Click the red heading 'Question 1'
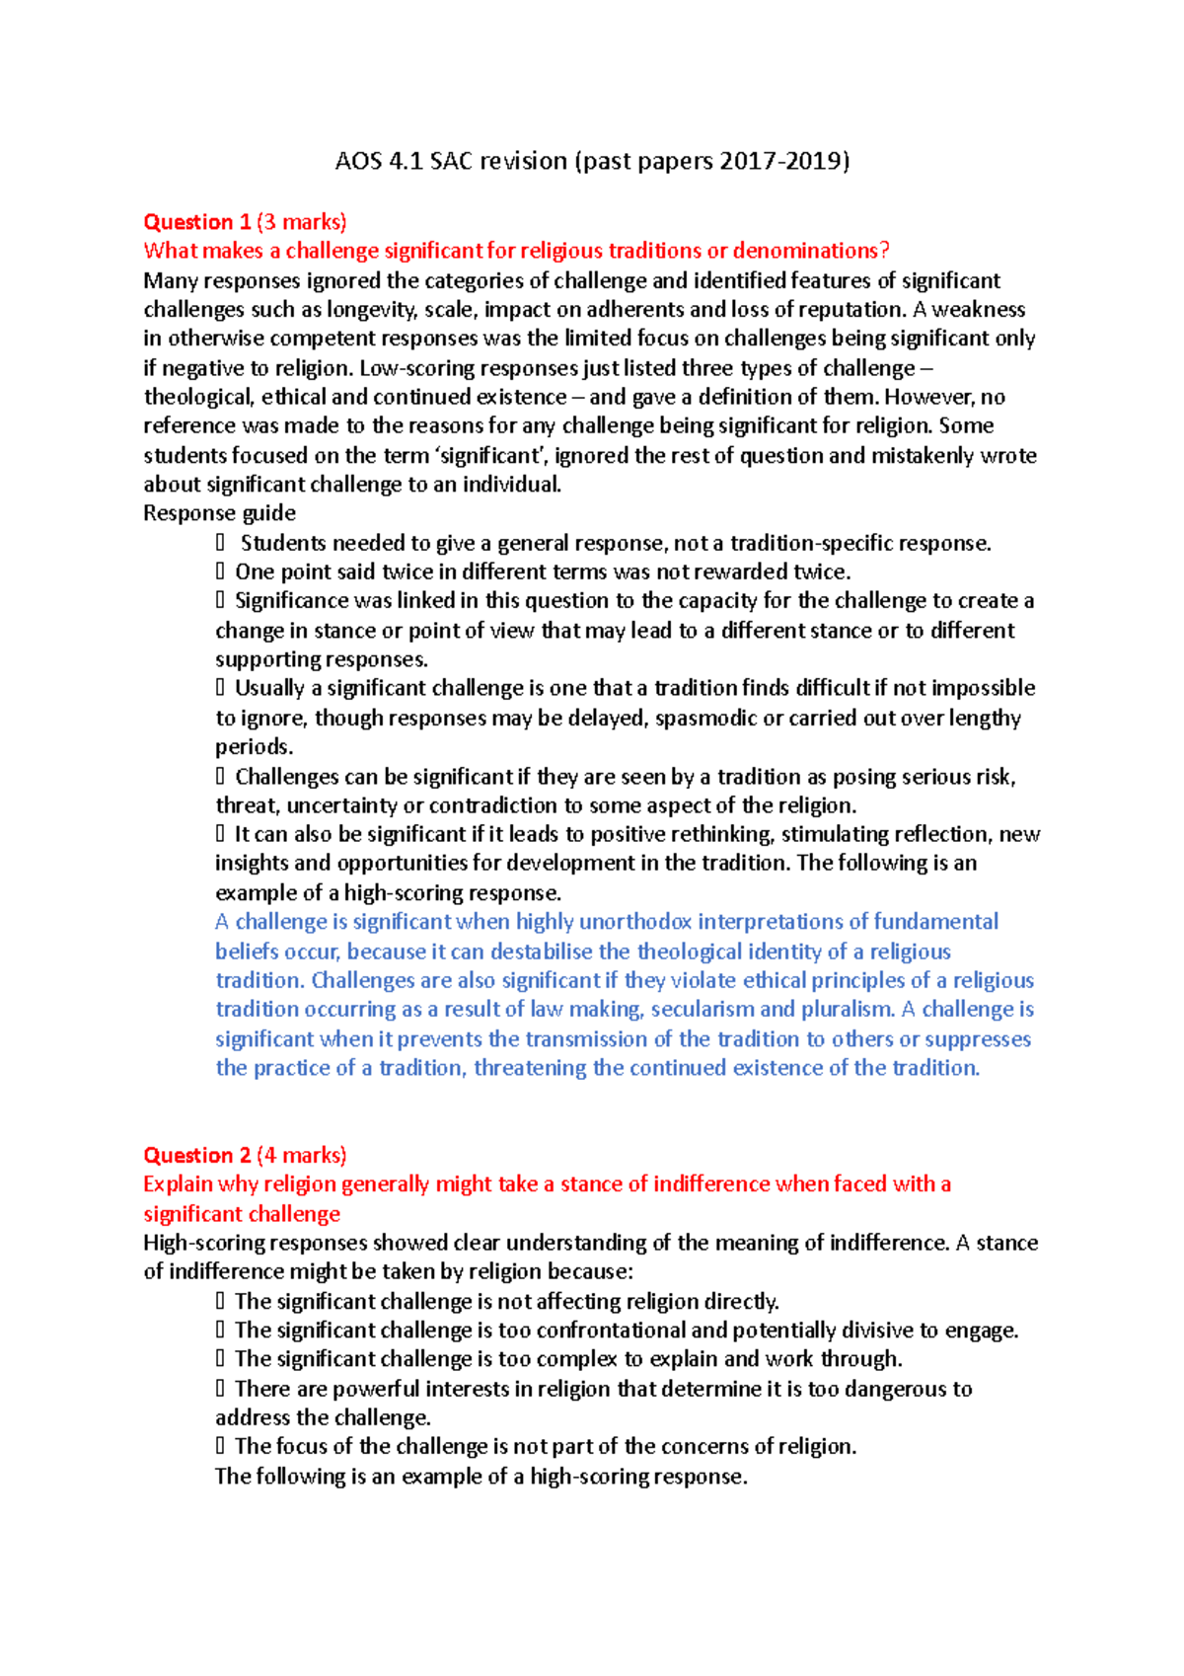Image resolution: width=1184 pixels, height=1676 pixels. [x=196, y=222]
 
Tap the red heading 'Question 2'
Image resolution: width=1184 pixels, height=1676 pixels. [x=196, y=1156]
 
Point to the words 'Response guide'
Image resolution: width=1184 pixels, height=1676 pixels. [x=219, y=513]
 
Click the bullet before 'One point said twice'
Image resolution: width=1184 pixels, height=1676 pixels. [x=220, y=571]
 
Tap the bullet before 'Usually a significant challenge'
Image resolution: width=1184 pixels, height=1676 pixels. [x=220, y=688]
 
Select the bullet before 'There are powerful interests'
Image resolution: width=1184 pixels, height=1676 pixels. [x=220, y=1389]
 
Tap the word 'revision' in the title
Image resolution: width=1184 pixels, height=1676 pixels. [x=523, y=161]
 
